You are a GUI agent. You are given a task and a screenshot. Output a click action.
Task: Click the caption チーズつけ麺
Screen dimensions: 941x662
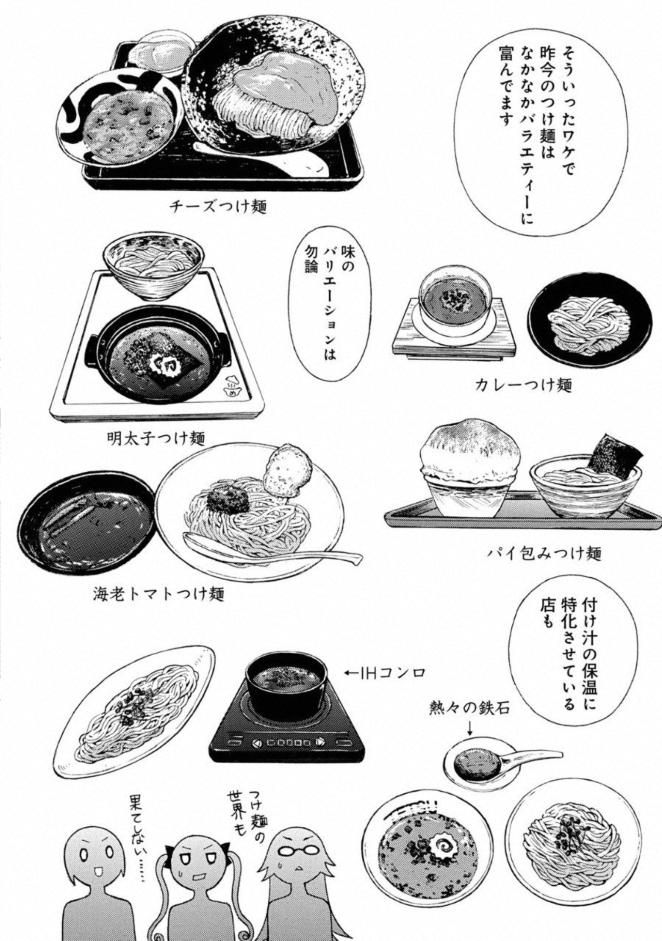[217, 206]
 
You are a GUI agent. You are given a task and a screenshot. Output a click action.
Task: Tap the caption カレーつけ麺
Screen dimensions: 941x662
[523, 385]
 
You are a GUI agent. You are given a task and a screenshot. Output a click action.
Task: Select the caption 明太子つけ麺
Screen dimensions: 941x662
[155, 438]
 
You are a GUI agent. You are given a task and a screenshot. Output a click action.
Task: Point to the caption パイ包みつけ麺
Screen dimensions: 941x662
[544, 554]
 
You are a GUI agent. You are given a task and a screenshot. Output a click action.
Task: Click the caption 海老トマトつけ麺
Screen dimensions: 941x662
[159, 593]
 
